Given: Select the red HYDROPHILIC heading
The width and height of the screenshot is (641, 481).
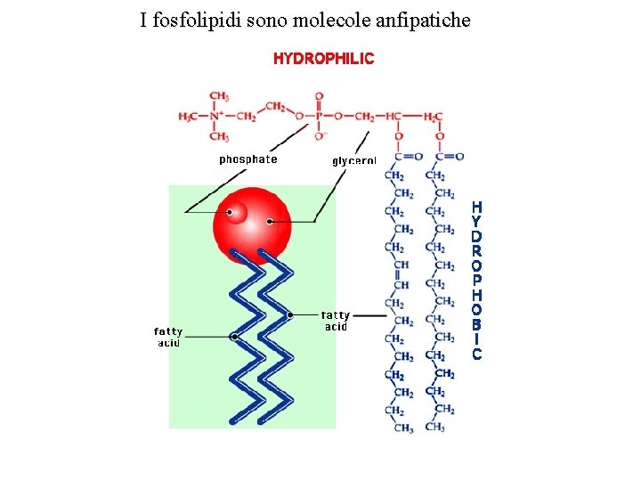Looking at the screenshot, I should [323, 59].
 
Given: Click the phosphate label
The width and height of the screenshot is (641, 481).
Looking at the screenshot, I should [248, 159].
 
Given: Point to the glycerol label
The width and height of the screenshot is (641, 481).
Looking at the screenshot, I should [354, 160].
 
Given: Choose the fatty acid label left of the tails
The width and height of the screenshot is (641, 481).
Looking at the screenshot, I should [168, 337].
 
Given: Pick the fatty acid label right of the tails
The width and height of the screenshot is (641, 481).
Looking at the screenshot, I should [336, 320].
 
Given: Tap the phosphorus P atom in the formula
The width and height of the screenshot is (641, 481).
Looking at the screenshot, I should [319, 117].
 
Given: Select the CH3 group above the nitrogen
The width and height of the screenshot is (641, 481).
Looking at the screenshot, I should [219, 96].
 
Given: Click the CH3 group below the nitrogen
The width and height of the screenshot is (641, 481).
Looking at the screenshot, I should [219, 137].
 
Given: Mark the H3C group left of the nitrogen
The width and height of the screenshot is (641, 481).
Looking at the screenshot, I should [189, 117].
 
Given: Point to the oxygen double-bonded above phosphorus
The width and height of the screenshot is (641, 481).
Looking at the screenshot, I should [319, 96].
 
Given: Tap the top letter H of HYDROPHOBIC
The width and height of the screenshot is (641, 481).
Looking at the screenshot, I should [477, 207].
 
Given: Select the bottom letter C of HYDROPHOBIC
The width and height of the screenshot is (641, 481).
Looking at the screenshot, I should [477, 355].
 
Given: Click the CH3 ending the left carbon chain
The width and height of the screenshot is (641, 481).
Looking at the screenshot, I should [403, 428].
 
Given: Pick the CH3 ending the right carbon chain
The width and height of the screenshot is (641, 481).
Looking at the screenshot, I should [435, 428].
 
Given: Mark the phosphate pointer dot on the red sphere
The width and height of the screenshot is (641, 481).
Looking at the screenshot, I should [231, 212].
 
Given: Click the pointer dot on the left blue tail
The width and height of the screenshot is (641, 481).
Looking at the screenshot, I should [234, 337].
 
